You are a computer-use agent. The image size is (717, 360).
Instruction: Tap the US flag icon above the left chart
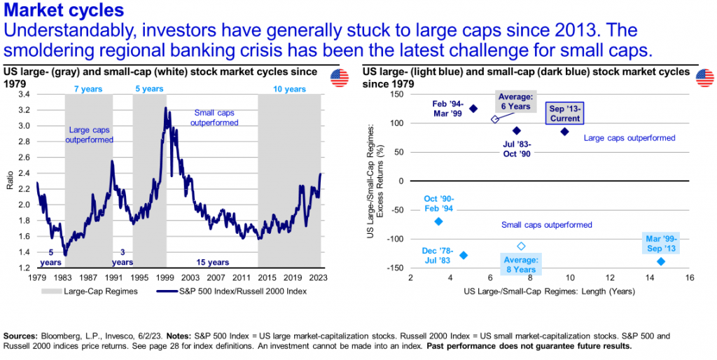pyautogui.click(x=340, y=78)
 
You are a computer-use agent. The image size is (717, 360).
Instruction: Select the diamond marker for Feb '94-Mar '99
pyautogui.click(x=473, y=109)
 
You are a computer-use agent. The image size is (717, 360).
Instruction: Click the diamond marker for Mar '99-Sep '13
pyautogui.click(x=661, y=261)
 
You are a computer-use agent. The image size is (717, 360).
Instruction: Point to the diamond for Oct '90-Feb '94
pyautogui.click(x=438, y=221)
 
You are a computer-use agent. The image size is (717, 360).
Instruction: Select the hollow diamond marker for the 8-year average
pyautogui.click(x=521, y=246)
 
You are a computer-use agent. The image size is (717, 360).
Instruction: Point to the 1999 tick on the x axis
pyautogui.click(x=165, y=275)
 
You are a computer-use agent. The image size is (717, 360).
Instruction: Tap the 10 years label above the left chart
pyautogui.click(x=290, y=89)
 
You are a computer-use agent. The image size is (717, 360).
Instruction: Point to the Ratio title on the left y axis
pyautogui.click(x=9, y=181)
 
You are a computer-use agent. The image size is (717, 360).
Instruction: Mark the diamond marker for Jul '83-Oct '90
pyautogui.click(x=517, y=131)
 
